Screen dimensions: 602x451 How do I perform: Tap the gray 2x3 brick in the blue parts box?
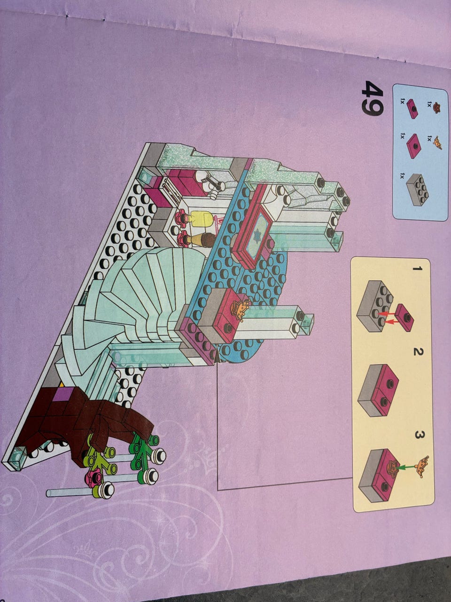[x=418, y=190]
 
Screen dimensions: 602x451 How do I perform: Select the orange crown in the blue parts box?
[x=437, y=143]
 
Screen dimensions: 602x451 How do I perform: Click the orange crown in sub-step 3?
[x=423, y=466]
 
